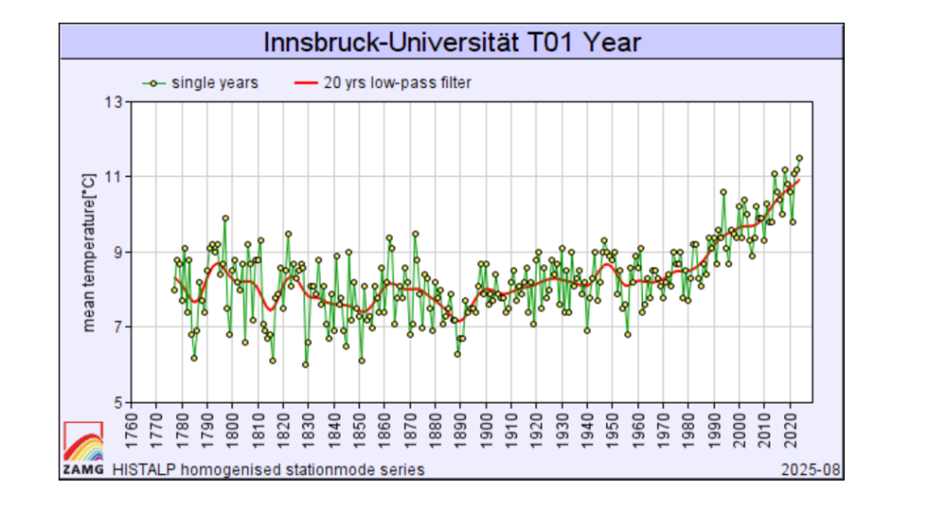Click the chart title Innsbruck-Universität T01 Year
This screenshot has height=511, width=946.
pos(451,42)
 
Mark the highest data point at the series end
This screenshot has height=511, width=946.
pos(799,158)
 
